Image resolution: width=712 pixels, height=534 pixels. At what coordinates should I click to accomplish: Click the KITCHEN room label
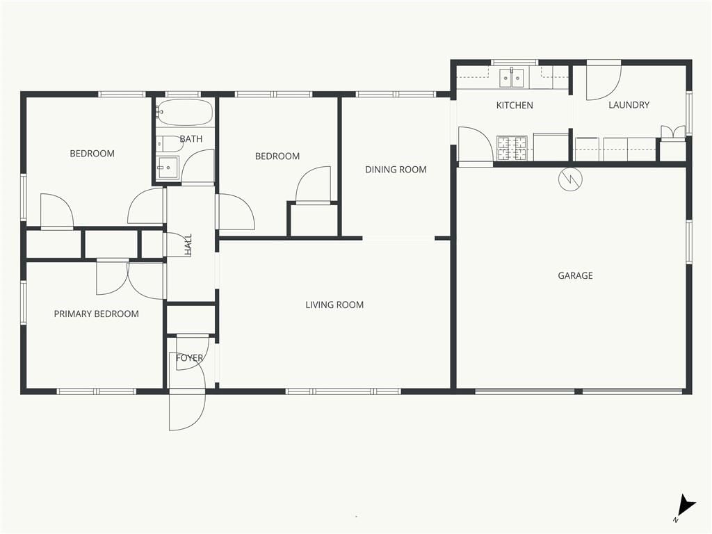coord(515,106)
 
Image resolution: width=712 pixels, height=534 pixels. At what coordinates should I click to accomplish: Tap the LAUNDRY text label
coord(629,105)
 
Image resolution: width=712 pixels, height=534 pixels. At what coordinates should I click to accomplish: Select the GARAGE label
coord(575,275)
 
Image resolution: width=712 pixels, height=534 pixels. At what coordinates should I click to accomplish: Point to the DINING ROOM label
coord(396,170)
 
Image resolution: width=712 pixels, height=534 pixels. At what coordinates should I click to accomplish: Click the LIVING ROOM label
coord(334,305)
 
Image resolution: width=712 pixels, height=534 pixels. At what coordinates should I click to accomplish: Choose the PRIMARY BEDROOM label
coord(96,314)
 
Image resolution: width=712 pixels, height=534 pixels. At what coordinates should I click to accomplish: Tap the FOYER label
coord(189,358)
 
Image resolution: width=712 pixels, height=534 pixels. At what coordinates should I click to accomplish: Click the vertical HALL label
coord(188,245)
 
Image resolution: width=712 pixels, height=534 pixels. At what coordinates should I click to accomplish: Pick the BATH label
coord(191,139)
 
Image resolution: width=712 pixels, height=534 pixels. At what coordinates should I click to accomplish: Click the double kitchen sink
coord(512,78)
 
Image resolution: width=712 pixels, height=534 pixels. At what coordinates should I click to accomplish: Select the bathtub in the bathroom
coord(184,113)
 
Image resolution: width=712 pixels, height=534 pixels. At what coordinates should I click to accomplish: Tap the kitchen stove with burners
coord(512,148)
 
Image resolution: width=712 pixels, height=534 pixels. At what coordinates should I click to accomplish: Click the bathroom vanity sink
coord(168,168)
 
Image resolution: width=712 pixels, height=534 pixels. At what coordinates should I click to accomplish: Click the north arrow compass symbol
coord(685,506)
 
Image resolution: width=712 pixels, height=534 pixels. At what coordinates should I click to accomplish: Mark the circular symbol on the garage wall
coord(569,179)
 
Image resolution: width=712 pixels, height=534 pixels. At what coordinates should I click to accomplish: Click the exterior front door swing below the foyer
coord(187,410)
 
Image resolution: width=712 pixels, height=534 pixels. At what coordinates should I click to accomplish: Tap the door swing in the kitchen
coord(476,145)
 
